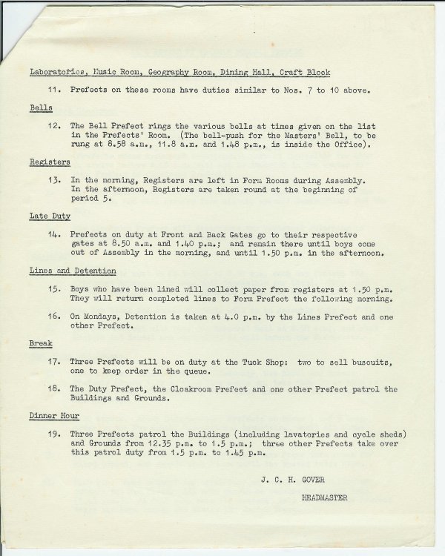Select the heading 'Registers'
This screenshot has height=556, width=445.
click(x=50, y=161)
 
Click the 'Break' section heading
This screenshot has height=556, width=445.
click(x=40, y=344)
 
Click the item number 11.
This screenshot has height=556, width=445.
click(x=53, y=90)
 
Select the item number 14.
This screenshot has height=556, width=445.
click(x=53, y=234)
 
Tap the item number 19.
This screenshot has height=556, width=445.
click(x=53, y=434)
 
